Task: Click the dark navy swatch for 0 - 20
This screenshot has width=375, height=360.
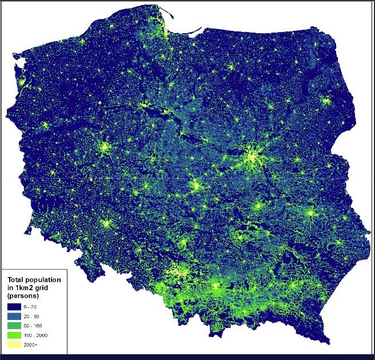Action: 15,307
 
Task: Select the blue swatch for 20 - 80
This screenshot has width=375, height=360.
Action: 15,317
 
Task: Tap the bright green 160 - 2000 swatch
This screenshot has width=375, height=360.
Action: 15,335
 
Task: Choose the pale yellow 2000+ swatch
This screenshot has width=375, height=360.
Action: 15,345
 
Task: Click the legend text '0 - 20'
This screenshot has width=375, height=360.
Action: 38,307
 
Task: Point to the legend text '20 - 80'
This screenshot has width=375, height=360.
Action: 39,317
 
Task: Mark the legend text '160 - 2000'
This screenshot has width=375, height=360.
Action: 43,335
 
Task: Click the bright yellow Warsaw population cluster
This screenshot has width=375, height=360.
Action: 252,155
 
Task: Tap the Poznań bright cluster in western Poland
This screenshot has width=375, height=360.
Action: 104,148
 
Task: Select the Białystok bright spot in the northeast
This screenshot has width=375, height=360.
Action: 325,101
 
